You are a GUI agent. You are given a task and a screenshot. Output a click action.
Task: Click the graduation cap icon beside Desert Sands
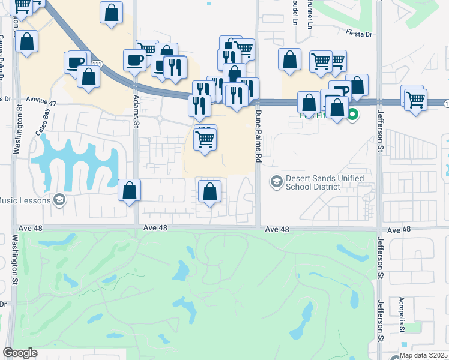(x=276, y=181)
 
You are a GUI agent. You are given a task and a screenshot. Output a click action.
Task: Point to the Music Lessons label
(x=25, y=200)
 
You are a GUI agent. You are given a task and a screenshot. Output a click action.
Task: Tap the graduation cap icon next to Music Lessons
(x=59, y=200)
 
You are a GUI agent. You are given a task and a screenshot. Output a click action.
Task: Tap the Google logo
(x=20, y=353)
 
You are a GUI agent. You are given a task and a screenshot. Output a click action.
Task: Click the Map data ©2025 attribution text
(x=424, y=355)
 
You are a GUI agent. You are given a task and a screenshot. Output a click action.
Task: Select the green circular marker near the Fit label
(x=353, y=114)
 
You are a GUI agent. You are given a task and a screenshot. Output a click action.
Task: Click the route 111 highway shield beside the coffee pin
(x=97, y=64)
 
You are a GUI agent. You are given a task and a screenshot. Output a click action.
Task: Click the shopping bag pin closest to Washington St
(x=27, y=41)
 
